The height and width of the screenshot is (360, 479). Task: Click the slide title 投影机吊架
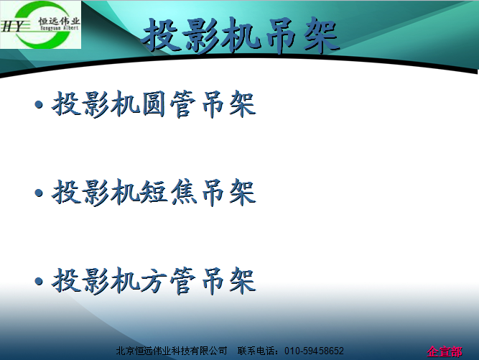pyautogui.click(x=241, y=35)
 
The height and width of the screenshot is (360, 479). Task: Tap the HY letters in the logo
pyautogui.click(x=12, y=27)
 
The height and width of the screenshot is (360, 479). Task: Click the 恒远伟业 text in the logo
pyautogui.click(x=59, y=21)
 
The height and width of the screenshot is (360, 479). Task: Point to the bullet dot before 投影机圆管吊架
pyautogui.click(x=39, y=104)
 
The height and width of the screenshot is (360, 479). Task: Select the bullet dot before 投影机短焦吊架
pyautogui.click(x=39, y=193)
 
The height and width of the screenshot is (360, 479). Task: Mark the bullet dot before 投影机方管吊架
pyautogui.click(x=39, y=281)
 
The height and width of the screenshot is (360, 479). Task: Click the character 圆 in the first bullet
pyautogui.click(x=154, y=104)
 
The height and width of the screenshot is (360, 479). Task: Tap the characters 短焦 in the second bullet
pyautogui.click(x=169, y=193)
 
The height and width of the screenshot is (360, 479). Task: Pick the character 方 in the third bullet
pyautogui.click(x=154, y=281)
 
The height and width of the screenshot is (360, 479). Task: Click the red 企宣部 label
pyautogui.click(x=445, y=351)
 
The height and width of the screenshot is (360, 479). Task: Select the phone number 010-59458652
pyautogui.click(x=314, y=351)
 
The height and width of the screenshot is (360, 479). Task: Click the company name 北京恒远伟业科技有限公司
pyautogui.click(x=172, y=351)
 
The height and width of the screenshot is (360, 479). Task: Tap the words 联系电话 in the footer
pyautogui.click(x=256, y=351)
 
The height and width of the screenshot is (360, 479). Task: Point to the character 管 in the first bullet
pyautogui.click(x=183, y=104)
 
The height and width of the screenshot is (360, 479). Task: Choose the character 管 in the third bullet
pyautogui.click(x=183, y=281)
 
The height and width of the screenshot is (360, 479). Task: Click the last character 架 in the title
pyautogui.click(x=322, y=35)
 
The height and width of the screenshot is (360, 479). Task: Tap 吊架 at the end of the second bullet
pyautogui.click(x=229, y=193)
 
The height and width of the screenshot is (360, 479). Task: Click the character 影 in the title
pyautogui.click(x=202, y=35)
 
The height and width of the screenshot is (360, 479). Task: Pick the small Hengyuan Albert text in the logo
pyautogui.click(x=60, y=28)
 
